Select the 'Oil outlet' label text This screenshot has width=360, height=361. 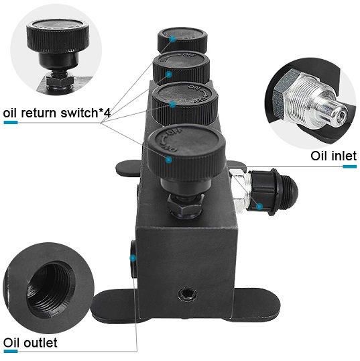[30, 343]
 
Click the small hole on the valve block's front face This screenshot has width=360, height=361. [184, 295]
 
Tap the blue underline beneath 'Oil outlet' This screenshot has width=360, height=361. [10, 354]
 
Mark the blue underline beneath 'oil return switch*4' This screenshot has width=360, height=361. [11, 123]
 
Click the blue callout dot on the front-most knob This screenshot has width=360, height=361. [170, 159]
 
